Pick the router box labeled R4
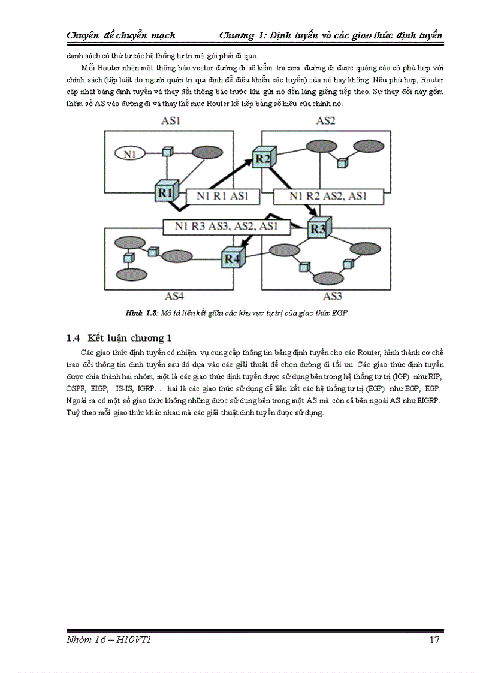[233, 258]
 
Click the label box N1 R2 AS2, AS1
[328, 197]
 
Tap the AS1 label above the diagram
[171, 121]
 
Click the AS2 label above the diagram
[325, 121]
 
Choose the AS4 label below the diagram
[174, 296]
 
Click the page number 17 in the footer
[435, 641]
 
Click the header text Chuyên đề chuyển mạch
[120, 35]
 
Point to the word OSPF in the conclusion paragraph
[76, 389]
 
